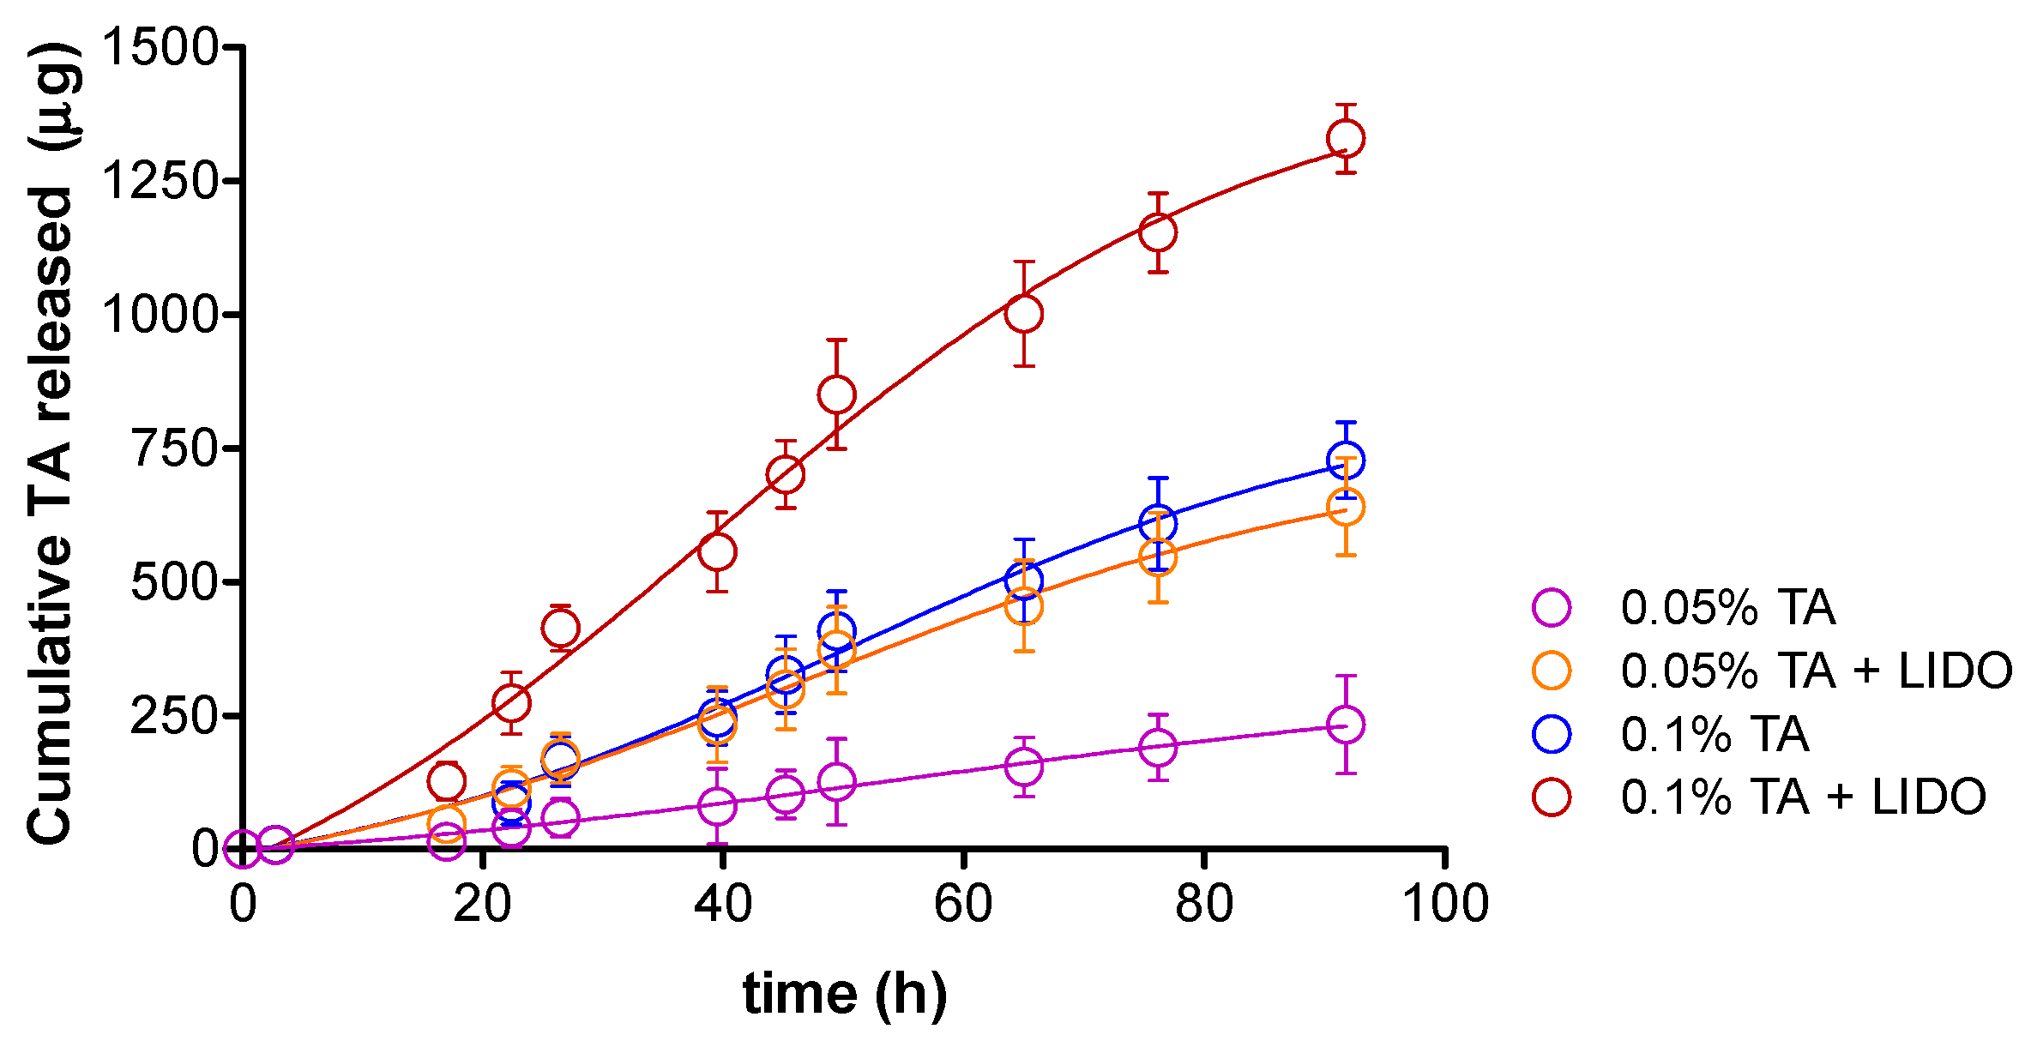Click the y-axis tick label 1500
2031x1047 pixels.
point(161,47)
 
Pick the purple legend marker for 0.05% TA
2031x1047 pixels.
point(1552,608)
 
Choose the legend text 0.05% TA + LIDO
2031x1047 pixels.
point(1816,671)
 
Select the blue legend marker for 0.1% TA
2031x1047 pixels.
point(1552,735)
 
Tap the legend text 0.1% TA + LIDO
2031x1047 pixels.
point(1803,797)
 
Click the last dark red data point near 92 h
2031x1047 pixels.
point(1346,138)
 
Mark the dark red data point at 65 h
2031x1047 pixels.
point(1023,314)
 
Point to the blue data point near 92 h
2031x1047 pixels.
point(1346,460)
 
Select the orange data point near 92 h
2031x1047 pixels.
point(1346,507)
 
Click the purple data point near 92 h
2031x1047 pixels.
point(1346,725)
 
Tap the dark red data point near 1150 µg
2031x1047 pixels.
point(1158,232)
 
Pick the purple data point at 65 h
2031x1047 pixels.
point(1023,766)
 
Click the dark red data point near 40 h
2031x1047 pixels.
point(717,551)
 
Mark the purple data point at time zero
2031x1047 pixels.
point(244,849)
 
